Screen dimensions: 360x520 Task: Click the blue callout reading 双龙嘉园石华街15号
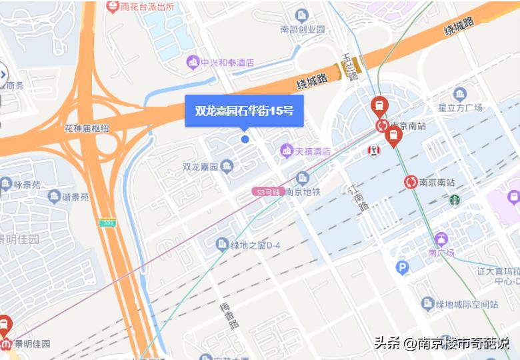[x=244, y=111]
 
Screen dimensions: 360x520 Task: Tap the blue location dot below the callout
[x=245, y=139]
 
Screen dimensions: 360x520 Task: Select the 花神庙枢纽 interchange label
[x=87, y=128]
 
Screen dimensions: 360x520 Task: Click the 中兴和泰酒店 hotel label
[x=220, y=63]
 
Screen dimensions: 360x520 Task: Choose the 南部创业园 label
[x=302, y=29]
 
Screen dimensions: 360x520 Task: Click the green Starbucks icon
[x=454, y=199]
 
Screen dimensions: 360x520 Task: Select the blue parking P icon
[x=402, y=268]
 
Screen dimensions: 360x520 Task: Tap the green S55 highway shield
[x=107, y=221]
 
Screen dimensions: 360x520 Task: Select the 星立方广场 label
[x=460, y=107]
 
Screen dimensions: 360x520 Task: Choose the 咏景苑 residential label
[x=27, y=183]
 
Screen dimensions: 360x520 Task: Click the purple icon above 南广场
[x=441, y=239]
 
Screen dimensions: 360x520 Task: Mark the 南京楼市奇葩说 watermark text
[x=463, y=343]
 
